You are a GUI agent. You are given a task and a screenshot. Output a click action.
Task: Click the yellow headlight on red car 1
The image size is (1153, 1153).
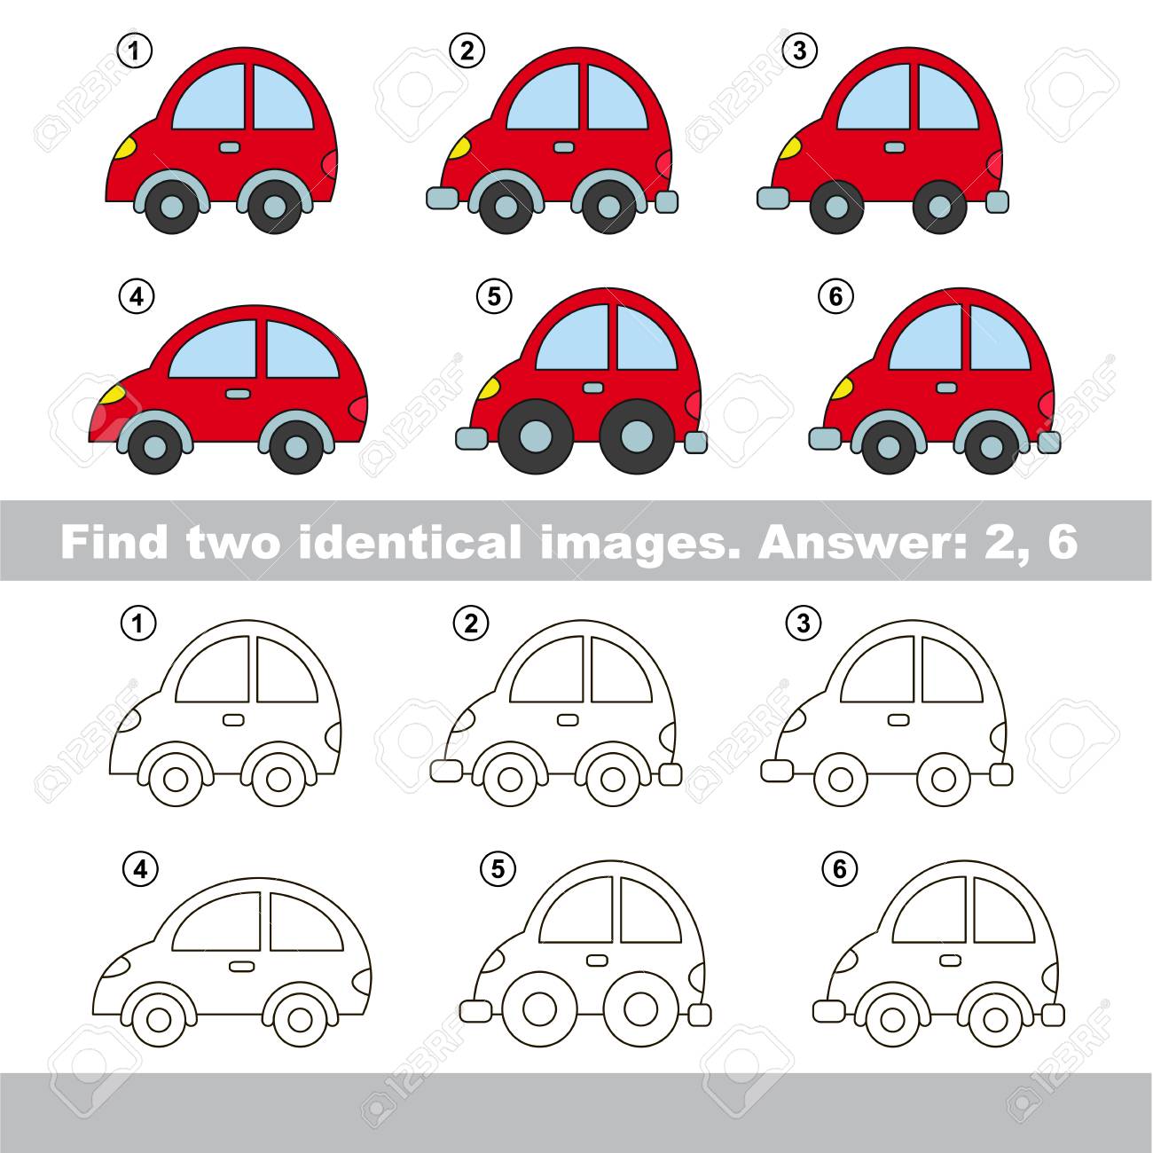[127, 148]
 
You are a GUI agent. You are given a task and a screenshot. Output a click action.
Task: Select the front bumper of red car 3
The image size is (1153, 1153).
[773, 198]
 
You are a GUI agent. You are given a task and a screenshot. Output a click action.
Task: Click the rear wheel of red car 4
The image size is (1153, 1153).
[295, 446]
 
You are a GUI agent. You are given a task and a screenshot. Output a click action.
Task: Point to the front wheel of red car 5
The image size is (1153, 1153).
[536, 435]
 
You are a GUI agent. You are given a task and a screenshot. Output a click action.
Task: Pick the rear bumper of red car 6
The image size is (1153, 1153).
[1049, 442]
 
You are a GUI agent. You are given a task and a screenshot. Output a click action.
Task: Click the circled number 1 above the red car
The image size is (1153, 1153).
[135, 51]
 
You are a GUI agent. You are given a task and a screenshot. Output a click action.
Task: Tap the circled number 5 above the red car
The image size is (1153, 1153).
[494, 297]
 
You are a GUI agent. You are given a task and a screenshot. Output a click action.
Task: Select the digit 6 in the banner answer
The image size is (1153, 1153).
[1063, 543]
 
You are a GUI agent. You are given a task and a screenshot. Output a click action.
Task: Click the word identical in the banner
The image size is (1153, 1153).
[410, 542]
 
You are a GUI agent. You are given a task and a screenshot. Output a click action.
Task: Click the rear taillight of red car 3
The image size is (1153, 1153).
[996, 165]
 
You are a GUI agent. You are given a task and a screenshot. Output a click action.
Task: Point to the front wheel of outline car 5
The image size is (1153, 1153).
[540, 1008]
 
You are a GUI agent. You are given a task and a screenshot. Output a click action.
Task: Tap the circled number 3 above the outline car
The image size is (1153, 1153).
[804, 624]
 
